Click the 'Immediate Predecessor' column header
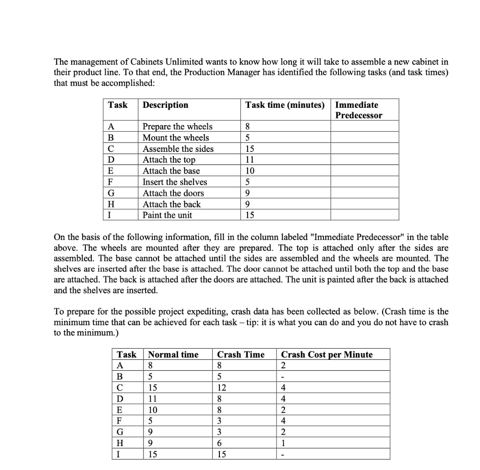coord(359,110)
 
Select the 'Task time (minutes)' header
coord(285,105)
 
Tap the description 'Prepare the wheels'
coord(177,127)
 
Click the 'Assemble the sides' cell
coord(178,149)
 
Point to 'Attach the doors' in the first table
coord(173,193)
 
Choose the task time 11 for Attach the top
coord(249,160)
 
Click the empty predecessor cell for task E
coord(365,171)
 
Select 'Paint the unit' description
coord(167,215)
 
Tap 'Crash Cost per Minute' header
coord(327,354)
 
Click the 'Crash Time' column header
coord(240,354)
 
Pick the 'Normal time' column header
coord(173,354)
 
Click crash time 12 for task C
coord(223,388)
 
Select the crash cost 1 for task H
coord(284,443)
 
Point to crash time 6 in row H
coord(220,443)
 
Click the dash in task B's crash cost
coord(283,376)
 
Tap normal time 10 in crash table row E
coord(153,410)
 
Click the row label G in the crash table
coord(120,432)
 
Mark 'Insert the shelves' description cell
coord(174,182)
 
